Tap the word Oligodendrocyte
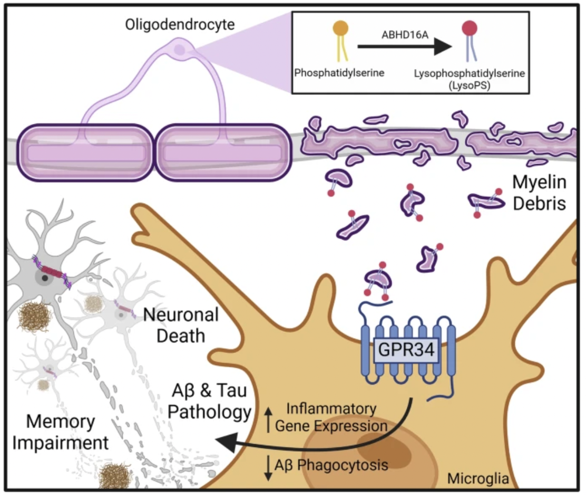point(179,24)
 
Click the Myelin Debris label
point(539,194)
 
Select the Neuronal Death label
point(181,324)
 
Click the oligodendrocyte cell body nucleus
point(180,51)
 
